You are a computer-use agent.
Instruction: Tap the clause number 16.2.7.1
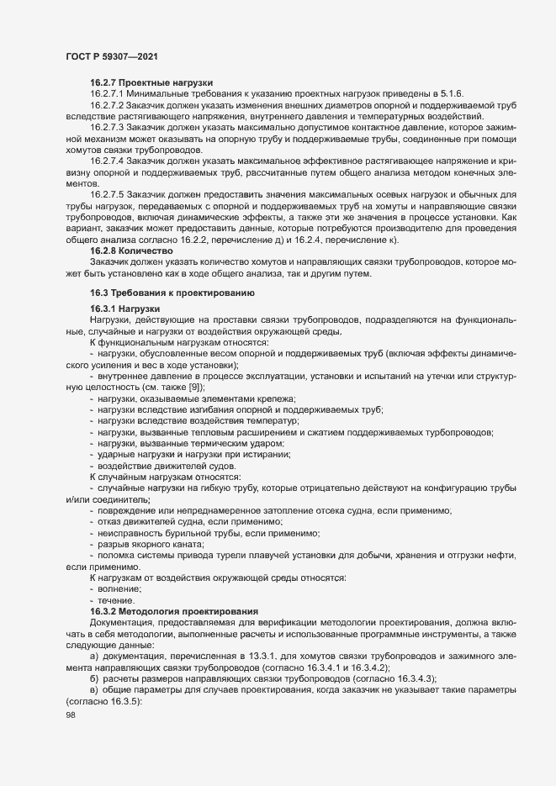[107, 93]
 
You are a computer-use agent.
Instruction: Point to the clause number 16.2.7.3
[107, 126]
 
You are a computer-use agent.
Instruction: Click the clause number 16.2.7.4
[107, 160]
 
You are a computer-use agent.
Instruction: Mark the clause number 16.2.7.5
[107, 193]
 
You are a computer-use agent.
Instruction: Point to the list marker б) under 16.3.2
[94, 676]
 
